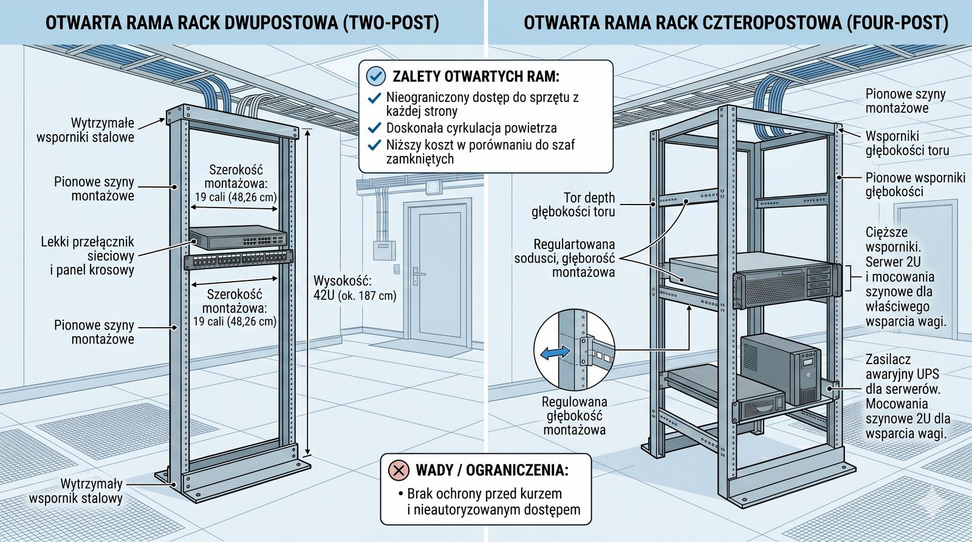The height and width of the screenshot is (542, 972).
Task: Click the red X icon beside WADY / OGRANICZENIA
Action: pos(399,470)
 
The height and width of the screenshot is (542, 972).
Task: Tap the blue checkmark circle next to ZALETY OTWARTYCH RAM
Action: pos(376,76)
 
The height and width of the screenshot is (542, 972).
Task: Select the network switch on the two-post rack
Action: pos(238,238)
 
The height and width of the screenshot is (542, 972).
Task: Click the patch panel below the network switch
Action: pos(238,260)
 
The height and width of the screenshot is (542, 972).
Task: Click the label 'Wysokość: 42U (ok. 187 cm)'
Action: pos(355,288)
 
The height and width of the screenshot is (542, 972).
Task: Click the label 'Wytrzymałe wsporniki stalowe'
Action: pos(86,130)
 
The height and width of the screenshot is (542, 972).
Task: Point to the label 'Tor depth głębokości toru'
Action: pos(574,205)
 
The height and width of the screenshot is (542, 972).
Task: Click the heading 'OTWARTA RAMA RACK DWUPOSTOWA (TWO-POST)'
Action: pos(242,23)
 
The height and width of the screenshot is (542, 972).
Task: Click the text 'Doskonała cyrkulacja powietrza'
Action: pos(471,128)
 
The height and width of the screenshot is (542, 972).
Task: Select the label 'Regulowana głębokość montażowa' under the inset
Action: pos(574,416)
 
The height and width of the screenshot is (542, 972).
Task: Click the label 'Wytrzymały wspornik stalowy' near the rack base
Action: pos(76,491)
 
